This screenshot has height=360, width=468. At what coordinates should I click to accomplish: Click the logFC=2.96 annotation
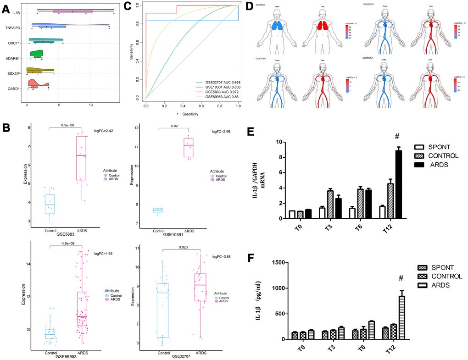(x=220, y=131)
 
